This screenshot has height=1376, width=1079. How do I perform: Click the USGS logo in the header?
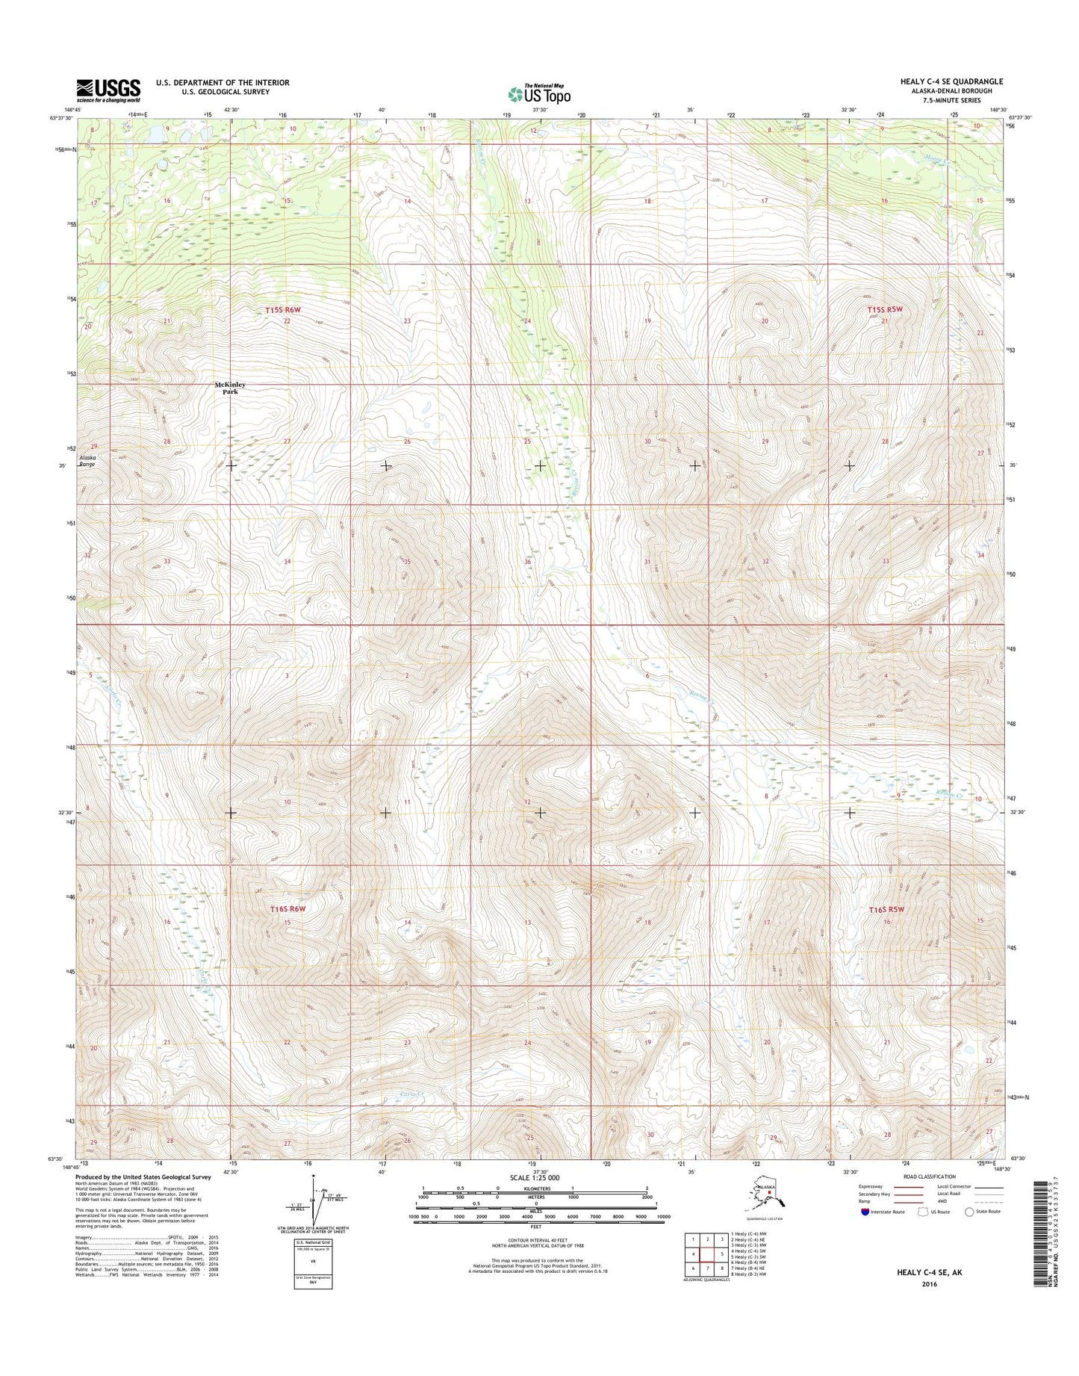(108, 90)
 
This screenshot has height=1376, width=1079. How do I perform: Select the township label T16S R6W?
(289, 909)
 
